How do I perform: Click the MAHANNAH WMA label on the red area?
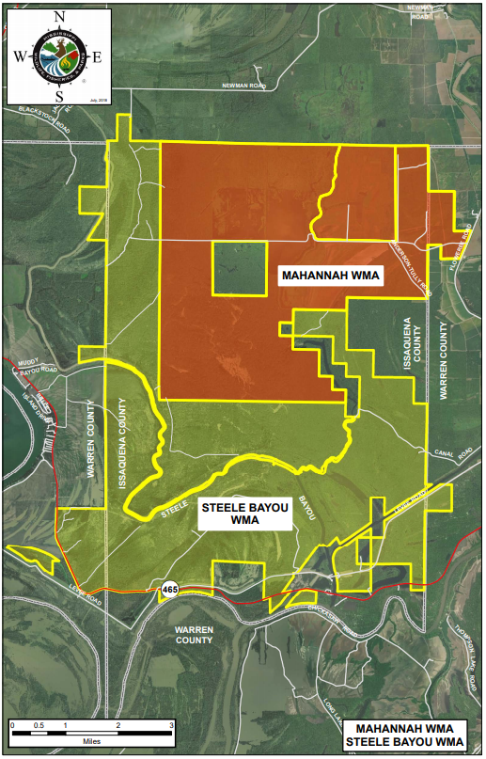[328, 276]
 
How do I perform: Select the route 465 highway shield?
[169, 589]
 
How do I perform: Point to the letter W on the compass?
[18, 54]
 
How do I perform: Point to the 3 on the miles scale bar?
[171, 727]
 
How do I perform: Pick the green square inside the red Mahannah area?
[238, 268]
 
